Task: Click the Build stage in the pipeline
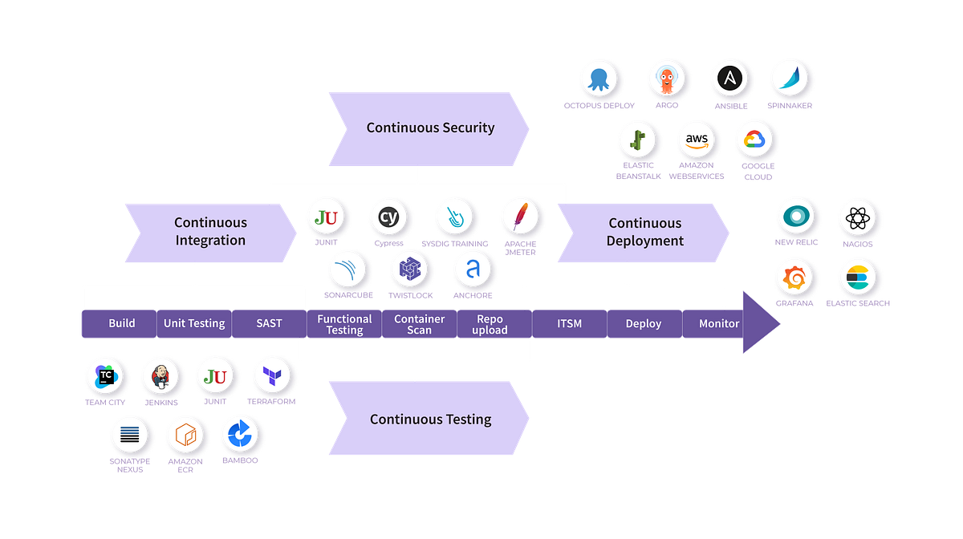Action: tap(121, 323)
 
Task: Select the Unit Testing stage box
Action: tap(194, 323)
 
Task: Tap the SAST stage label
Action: tap(270, 323)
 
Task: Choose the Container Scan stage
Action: tap(419, 324)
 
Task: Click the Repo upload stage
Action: tap(490, 324)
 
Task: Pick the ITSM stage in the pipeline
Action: tap(569, 323)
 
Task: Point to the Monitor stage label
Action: tap(718, 323)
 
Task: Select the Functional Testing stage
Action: tap(344, 324)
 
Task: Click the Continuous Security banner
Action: tap(430, 128)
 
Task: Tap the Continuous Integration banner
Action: tap(210, 232)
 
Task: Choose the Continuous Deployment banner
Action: tap(644, 232)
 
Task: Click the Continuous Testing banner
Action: tap(430, 419)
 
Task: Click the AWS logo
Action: tap(697, 140)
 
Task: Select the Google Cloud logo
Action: tap(755, 140)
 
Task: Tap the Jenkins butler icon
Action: tap(160, 375)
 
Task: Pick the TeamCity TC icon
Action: tap(105, 375)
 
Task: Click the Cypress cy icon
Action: tap(388, 217)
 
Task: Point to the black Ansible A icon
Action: tap(730, 79)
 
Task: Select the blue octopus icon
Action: tap(599, 79)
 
